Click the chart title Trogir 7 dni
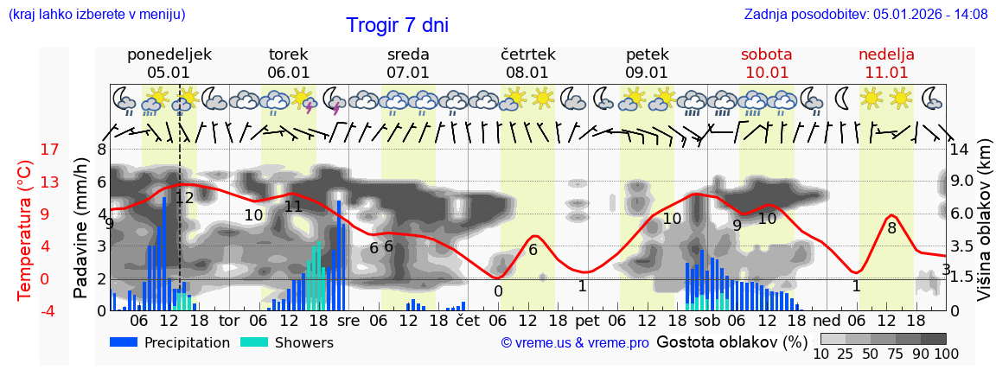pos(397,25)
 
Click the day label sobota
pos(766,54)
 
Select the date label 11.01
pos(886,73)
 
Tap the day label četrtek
pos(527,54)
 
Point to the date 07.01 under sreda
pos(408,73)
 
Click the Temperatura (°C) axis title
pos(25,228)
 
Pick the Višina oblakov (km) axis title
pos(984,228)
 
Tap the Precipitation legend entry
pos(170,342)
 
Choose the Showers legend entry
pos(286,342)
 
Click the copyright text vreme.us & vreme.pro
pos(575,343)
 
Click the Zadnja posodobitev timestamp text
pos(865,14)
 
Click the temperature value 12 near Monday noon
pos(184,198)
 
